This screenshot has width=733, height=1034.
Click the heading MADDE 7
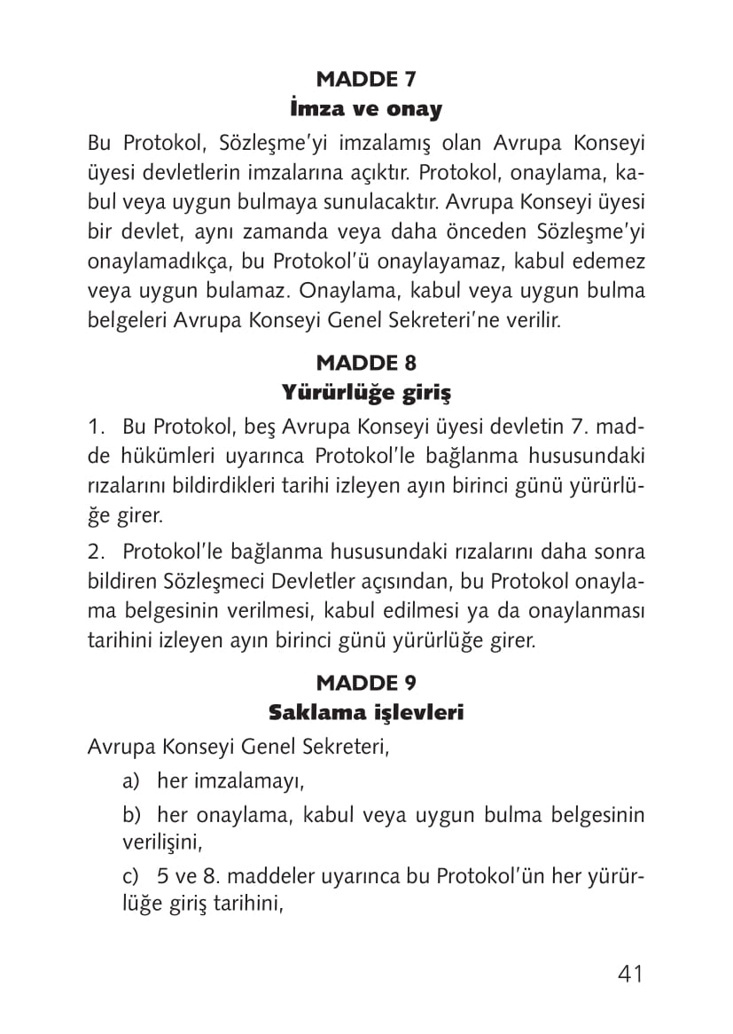366,80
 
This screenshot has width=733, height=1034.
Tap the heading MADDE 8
366,363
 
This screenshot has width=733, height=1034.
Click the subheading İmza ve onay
366,110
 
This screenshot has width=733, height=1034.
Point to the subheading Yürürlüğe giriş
366,393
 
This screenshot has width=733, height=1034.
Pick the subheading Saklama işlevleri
366,712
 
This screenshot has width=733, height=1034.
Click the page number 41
629,974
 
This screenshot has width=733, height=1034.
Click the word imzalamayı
231,781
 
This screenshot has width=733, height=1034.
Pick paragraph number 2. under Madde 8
97,552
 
